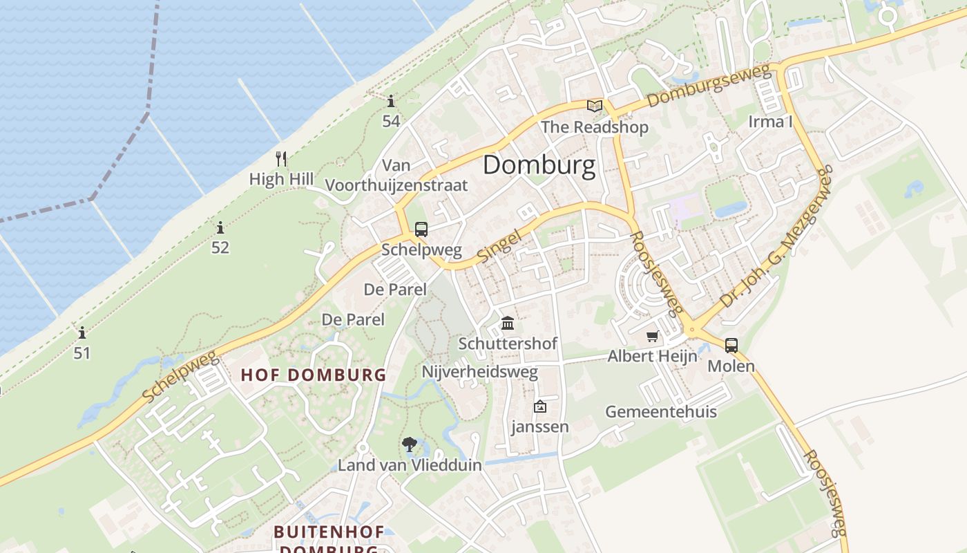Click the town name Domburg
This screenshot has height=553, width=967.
(x=539, y=166)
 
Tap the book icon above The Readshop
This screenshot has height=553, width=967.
(x=594, y=106)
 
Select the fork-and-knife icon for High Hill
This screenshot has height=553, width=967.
(x=280, y=159)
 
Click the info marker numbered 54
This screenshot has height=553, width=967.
(x=391, y=102)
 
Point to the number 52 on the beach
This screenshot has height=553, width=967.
(x=220, y=247)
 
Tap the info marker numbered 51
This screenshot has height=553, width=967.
(x=82, y=332)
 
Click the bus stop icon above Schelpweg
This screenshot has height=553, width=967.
(x=421, y=229)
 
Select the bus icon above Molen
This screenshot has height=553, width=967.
(x=731, y=345)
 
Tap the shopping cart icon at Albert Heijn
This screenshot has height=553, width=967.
(x=652, y=337)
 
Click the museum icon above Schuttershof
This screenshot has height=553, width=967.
(x=508, y=323)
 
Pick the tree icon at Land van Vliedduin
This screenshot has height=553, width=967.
(x=409, y=444)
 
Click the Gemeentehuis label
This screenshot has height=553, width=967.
(x=660, y=412)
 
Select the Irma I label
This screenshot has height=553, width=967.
(x=770, y=122)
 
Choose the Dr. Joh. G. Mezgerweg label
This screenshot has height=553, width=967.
(x=776, y=242)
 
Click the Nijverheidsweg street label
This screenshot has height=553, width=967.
(x=479, y=373)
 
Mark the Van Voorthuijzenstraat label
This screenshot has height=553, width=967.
(x=396, y=176)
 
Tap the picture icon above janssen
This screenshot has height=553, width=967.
(x=539, y=407)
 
